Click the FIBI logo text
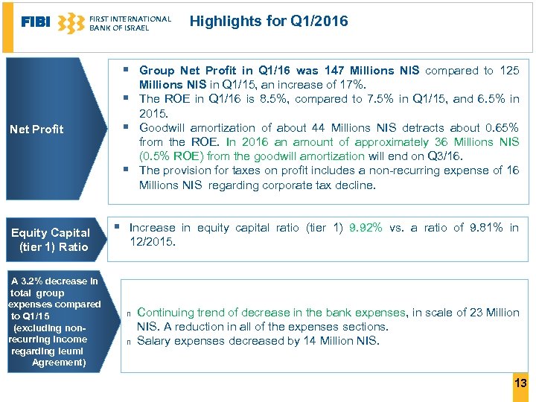point(36,22)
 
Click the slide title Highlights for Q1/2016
point(269,21)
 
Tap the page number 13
point(520,383)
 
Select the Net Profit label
point(36,130)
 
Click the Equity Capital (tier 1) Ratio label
point(50,240)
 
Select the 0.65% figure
point(500,127)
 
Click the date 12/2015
point(152,242)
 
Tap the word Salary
point(154,341)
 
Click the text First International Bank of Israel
point(130,23)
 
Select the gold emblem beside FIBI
point(71,23)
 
